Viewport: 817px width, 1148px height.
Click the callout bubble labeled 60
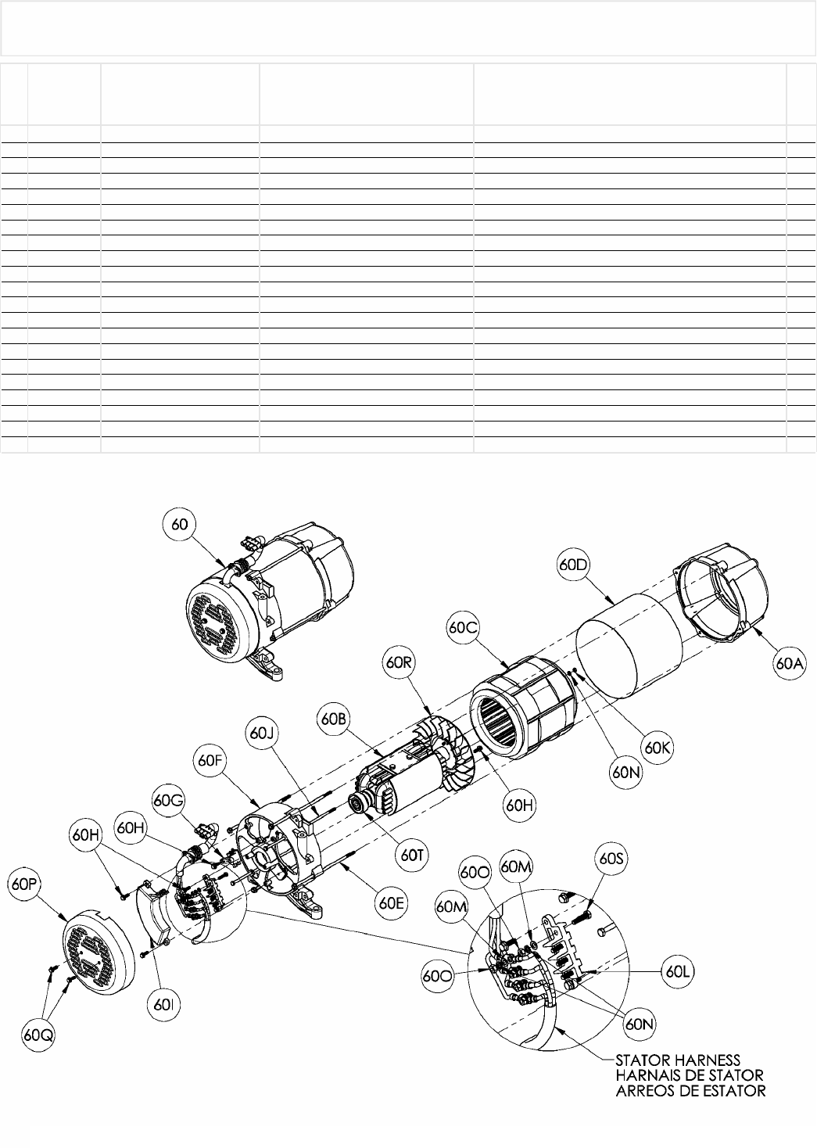181,525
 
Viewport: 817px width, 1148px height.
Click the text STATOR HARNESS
677,1060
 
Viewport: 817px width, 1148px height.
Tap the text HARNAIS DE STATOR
683,1075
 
